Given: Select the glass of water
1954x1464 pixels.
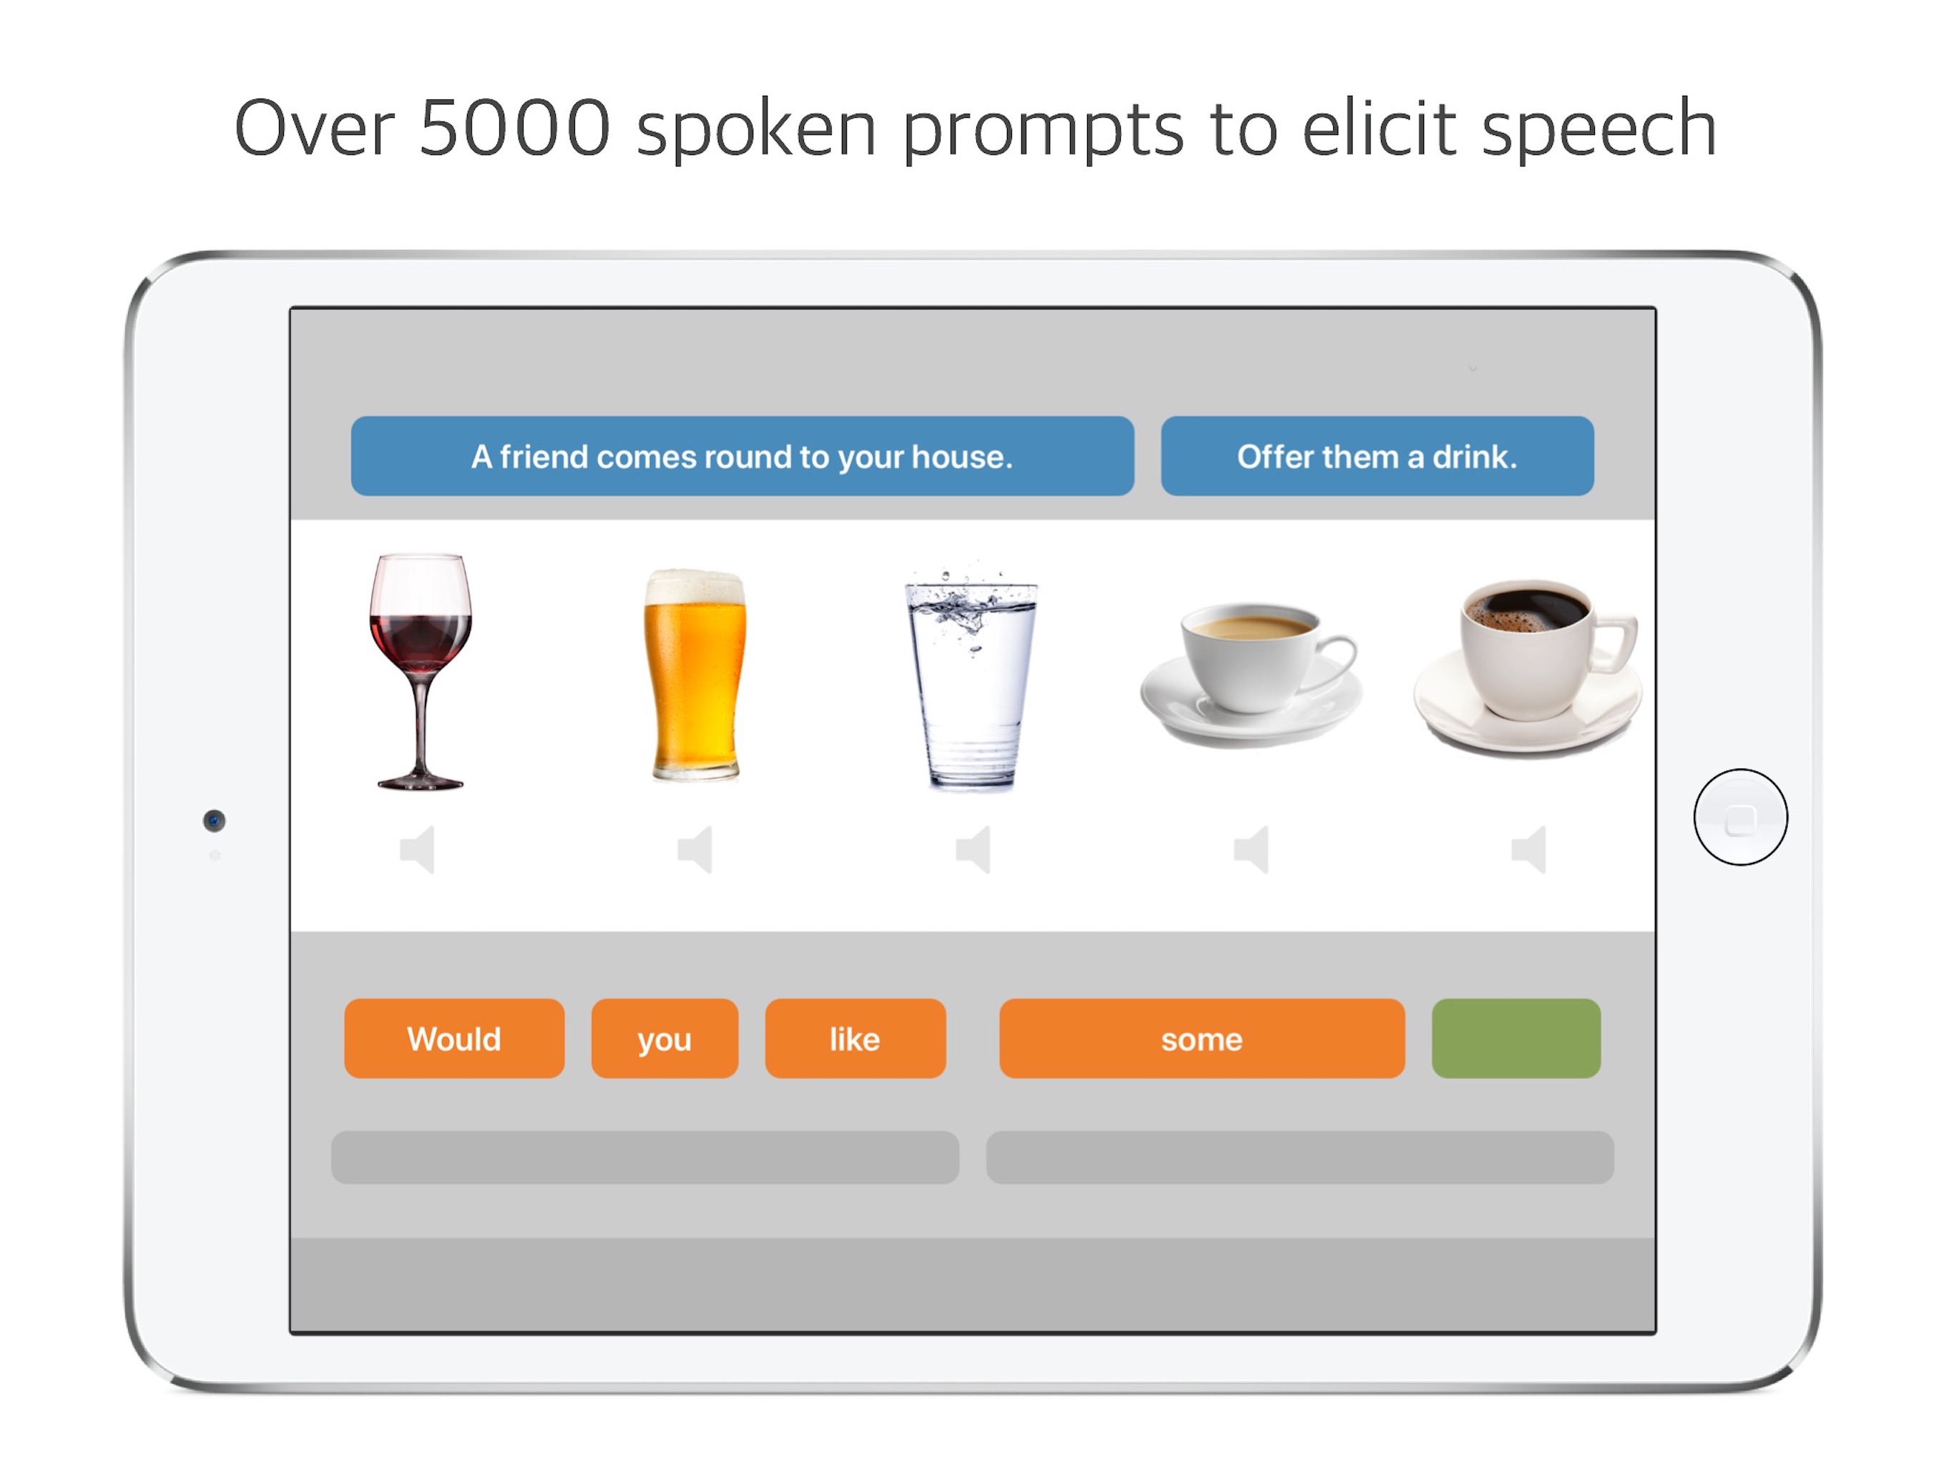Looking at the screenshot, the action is (x=971, y=678).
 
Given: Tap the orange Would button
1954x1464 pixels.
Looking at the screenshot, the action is (x=454, y=1039).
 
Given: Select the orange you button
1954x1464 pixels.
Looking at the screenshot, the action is (x=664, y=1039).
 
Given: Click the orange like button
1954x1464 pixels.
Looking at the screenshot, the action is (x=855, y=1039).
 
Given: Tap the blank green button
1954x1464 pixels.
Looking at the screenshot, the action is (x=1516, y=1039).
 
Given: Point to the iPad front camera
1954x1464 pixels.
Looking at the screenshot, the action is (x=214, y=821).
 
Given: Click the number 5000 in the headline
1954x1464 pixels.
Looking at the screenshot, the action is (x=514, y=128).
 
